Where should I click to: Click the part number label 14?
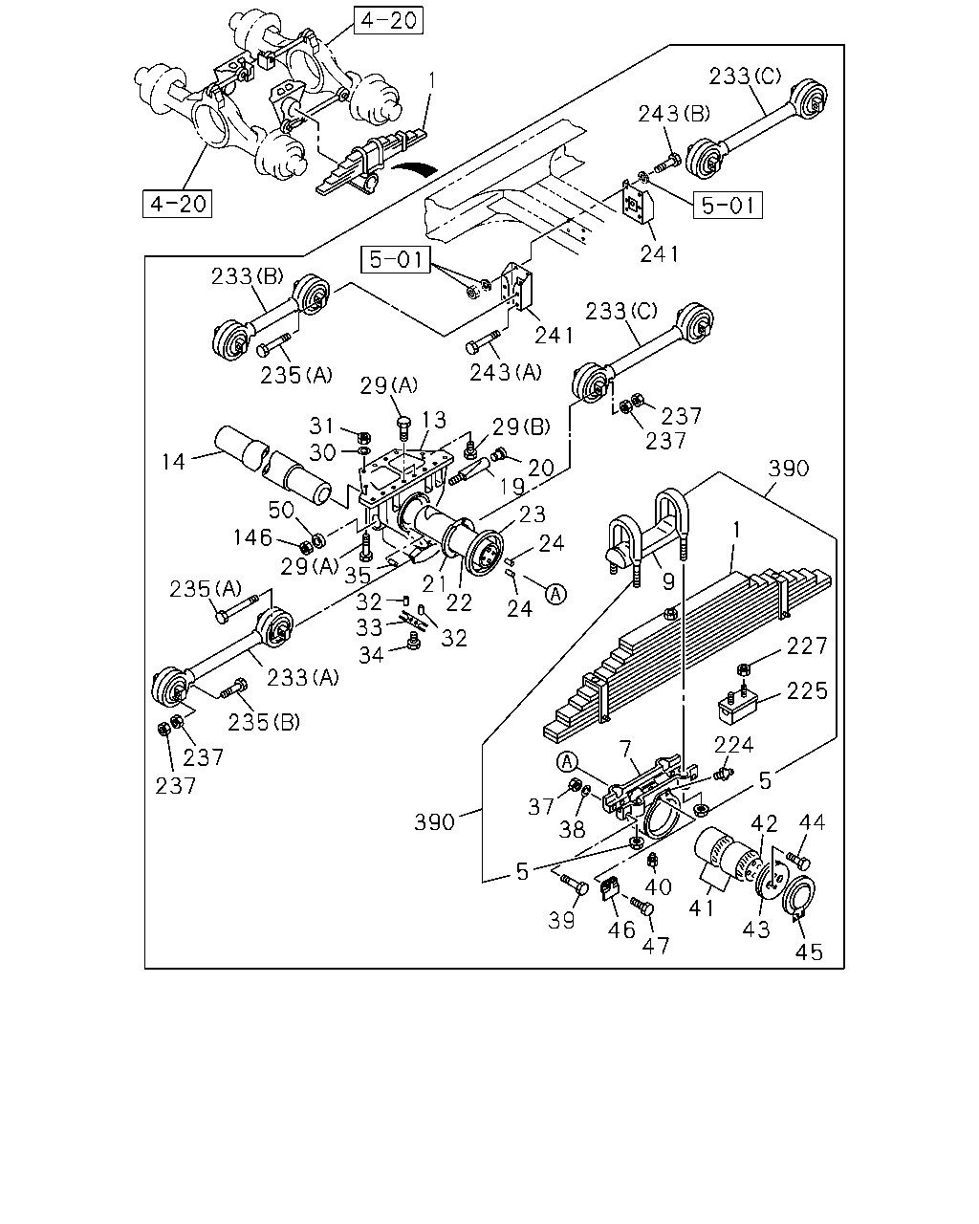[173, 461]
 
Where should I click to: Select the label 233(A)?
[303, 677]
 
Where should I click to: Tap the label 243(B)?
[674, 114]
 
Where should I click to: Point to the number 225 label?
[807, 691]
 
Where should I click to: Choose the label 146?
[252, 536]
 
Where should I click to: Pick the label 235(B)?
[264, 722]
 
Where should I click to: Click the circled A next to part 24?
[555, 594]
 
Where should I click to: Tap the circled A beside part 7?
[567, 762]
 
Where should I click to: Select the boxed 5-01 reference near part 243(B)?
[728, 206]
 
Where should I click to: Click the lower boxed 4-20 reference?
[177, 204]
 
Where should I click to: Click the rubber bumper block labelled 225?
[738, 706]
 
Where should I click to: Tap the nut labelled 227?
[742, 668]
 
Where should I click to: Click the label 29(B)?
[521, 427]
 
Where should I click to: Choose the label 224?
[734, 745]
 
